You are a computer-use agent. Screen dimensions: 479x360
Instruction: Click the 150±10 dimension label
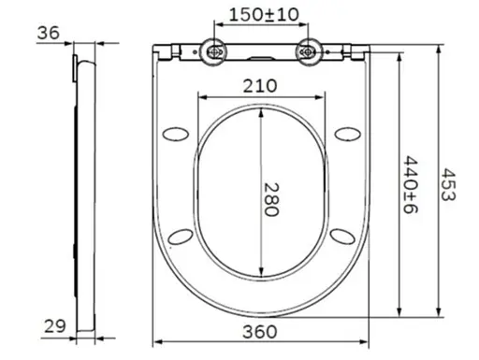(x=264, y=14)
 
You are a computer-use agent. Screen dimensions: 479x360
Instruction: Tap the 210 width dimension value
(x=260, y=86)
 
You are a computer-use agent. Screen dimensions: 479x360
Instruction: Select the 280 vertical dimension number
(x=271, y=199)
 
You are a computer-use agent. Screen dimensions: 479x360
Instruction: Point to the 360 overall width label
(x=260, y=332)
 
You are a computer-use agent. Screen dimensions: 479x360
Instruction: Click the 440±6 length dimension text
(x=411, y=184)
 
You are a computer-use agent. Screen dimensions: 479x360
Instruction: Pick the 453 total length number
(x=449, y=184)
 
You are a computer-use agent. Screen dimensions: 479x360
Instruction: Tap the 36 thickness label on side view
(x=48, y=33)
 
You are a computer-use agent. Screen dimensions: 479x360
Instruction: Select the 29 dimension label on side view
(x=55, y=326)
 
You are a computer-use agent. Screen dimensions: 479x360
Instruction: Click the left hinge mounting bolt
(x=214, y=52)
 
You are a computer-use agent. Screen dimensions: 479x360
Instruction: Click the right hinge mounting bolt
(x=308, y=52)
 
